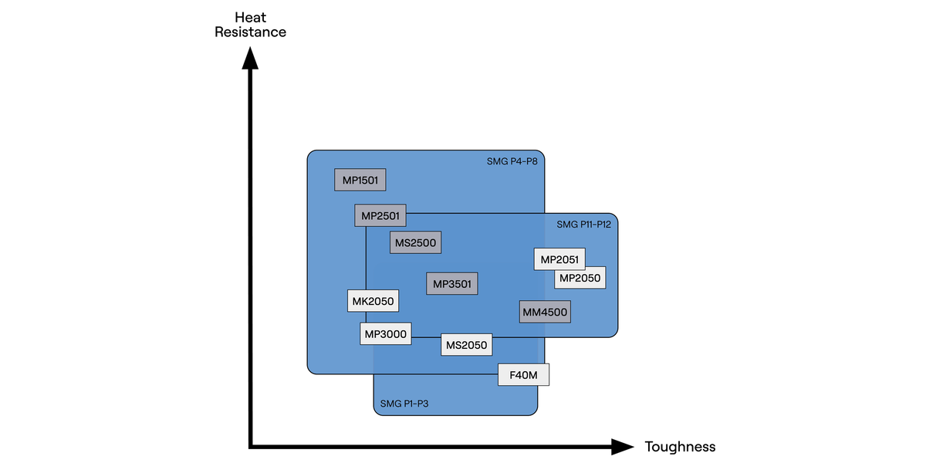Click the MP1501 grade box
(360, 180)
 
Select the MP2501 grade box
(380, 215)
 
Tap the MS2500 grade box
(415, 242)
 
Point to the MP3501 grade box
(452, 283)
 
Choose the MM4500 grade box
(545, 312)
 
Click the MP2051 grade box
(559, 259)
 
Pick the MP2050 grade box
(580, 278)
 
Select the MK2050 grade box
(373, 301)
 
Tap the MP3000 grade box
(386, 334)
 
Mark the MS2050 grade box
(467, 345)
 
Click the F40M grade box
(523, 375)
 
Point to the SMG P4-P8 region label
(512, 161)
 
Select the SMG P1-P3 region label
(406, 404)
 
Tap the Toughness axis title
(680, 447)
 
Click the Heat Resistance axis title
(250, 25)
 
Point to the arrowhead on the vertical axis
(250, 59)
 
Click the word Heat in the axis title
(250, 17)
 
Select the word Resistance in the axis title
(250, 32)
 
